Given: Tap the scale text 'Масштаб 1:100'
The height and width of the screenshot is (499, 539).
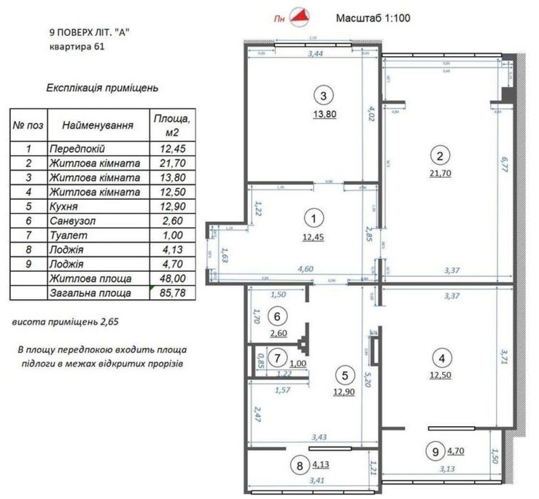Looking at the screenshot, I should pos(373,18).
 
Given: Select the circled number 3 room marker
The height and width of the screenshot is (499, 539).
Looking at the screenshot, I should pos(323,97).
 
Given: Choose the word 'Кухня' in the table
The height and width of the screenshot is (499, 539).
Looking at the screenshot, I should pos(64,207).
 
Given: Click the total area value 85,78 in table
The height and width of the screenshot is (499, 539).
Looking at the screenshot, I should pos(170,293).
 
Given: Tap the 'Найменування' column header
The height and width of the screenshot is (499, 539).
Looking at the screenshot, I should pos(98,125).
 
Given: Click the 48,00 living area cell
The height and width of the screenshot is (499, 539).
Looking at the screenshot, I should pos(170,279).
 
